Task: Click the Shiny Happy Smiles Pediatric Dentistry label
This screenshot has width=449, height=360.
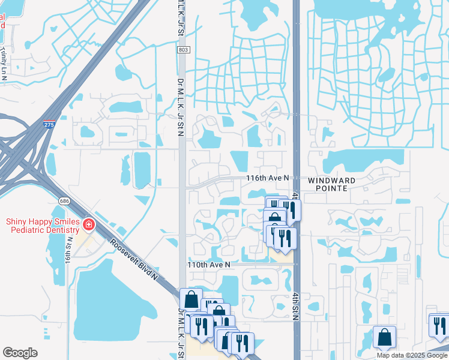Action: [x=43, y=226]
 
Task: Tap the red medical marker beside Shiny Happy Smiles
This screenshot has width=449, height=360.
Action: [x=89, y=225]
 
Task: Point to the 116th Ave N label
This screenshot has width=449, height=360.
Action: [x=268, y=178]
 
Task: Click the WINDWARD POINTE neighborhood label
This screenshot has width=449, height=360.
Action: [x=332, y=184]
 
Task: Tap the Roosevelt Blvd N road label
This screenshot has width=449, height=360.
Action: [x=134, y=260]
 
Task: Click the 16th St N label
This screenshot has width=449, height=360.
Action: [x=69, y=257]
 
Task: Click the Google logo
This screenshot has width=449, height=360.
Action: [x=20, y=353]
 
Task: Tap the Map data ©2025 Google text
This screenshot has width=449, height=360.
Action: [x=412, y=355]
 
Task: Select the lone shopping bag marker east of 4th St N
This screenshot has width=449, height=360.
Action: [x=384, y=337]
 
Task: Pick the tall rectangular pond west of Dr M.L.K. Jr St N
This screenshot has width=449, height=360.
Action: [x=142, y=169]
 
